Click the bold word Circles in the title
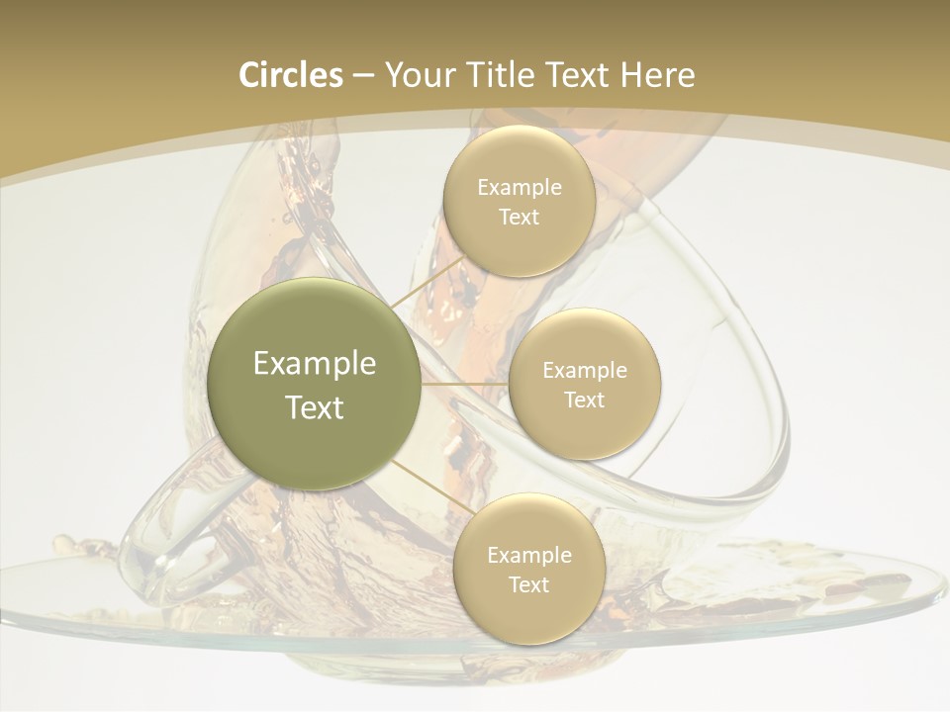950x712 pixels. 290,75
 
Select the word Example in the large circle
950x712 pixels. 315,364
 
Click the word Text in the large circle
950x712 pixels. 315,407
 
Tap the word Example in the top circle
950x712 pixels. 520,188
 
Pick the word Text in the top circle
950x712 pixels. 520,218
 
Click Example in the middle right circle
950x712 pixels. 585,371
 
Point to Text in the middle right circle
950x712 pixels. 585,400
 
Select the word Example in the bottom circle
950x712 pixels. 529,556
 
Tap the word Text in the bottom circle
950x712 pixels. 529,585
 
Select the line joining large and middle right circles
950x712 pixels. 465,383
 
